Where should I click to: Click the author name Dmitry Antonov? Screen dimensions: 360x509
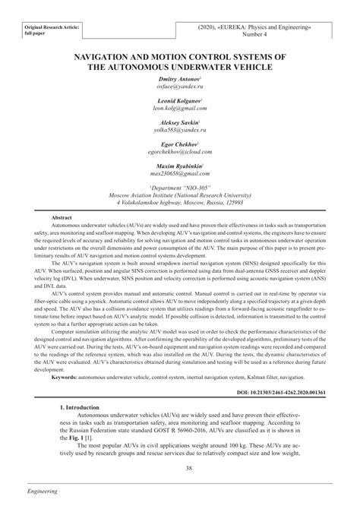click(179, 79)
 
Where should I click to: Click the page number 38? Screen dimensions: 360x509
click(180, 468)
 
